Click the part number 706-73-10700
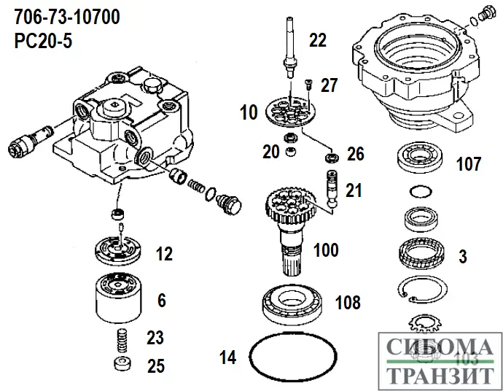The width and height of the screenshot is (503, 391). coord(67,15)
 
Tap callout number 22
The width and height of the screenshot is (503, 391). coord(318,41)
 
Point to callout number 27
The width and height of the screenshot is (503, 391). coord(330,85)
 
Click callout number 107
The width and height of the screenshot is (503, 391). coord(468,163)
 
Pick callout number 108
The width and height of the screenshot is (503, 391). coord(347,302)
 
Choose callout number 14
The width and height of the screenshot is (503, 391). coord(228,357)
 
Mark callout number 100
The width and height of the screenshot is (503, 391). coord(325,250)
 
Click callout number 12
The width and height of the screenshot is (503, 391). coord(164,255)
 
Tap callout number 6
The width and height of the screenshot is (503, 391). coord(162,299)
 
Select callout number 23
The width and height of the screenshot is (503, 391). coord(155,338)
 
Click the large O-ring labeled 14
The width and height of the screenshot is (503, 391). coord(293,358)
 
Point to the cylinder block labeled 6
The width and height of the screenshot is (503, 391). coord(117,298)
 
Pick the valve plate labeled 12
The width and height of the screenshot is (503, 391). coord(117,252)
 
